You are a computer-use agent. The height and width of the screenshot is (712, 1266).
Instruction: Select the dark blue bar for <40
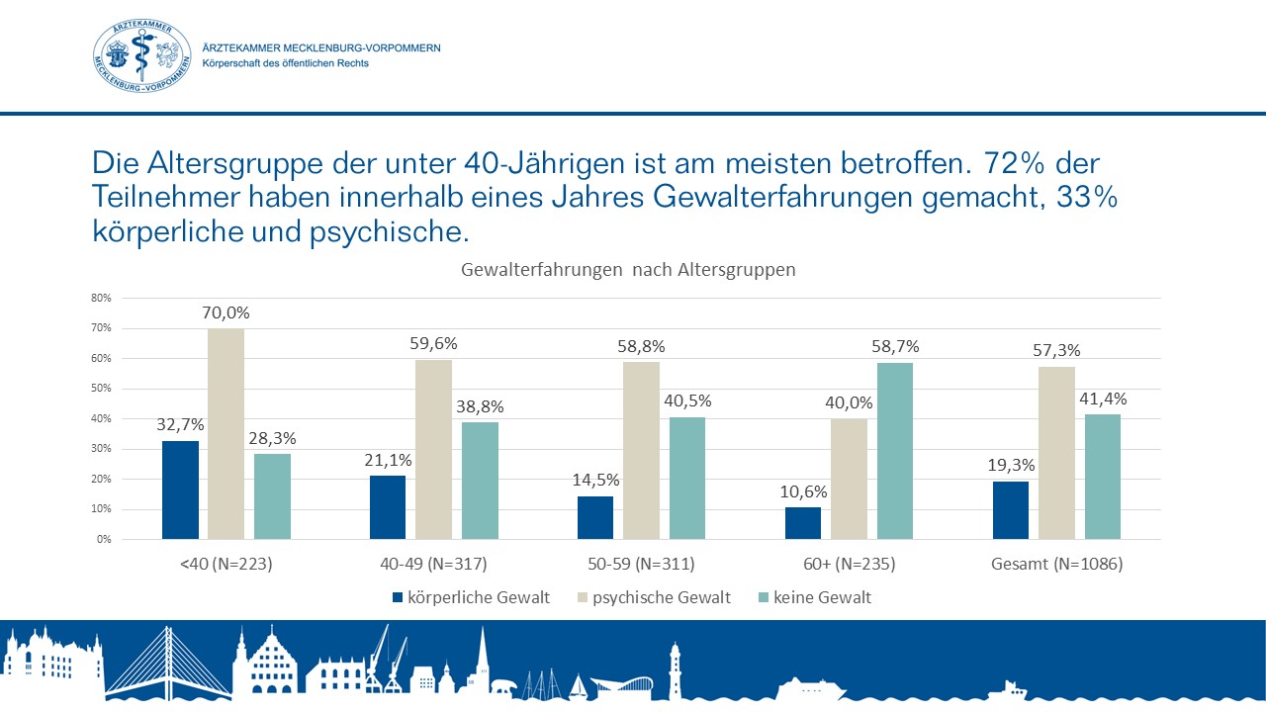(x=180, y=489)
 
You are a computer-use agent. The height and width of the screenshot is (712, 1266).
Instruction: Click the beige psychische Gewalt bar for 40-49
(x=433, y=449)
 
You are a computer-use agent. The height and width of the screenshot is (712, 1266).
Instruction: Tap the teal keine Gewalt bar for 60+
(x=895, y=451)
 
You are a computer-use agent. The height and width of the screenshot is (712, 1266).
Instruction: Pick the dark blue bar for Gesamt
(x=1010, y=510)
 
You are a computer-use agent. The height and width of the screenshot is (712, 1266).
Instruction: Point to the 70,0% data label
(x=226, y=313)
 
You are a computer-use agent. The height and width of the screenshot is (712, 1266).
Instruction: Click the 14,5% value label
(x=595, y=481)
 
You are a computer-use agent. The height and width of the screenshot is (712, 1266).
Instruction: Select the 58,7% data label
(x=895, y=347)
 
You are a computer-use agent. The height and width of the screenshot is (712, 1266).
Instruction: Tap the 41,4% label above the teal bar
(x=1103, y=399)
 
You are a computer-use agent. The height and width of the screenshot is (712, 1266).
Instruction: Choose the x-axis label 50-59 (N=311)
(x=641, y=565)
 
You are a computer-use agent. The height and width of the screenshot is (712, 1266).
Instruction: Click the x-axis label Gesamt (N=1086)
(x=1056, y=565)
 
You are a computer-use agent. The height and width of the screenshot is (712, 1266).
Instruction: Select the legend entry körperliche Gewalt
(x=471, y=597)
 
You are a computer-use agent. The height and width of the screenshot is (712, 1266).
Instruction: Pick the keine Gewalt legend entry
(x=813, y=597)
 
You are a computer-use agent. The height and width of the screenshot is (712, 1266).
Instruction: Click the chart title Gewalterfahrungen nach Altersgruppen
(x=628, y=269)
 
